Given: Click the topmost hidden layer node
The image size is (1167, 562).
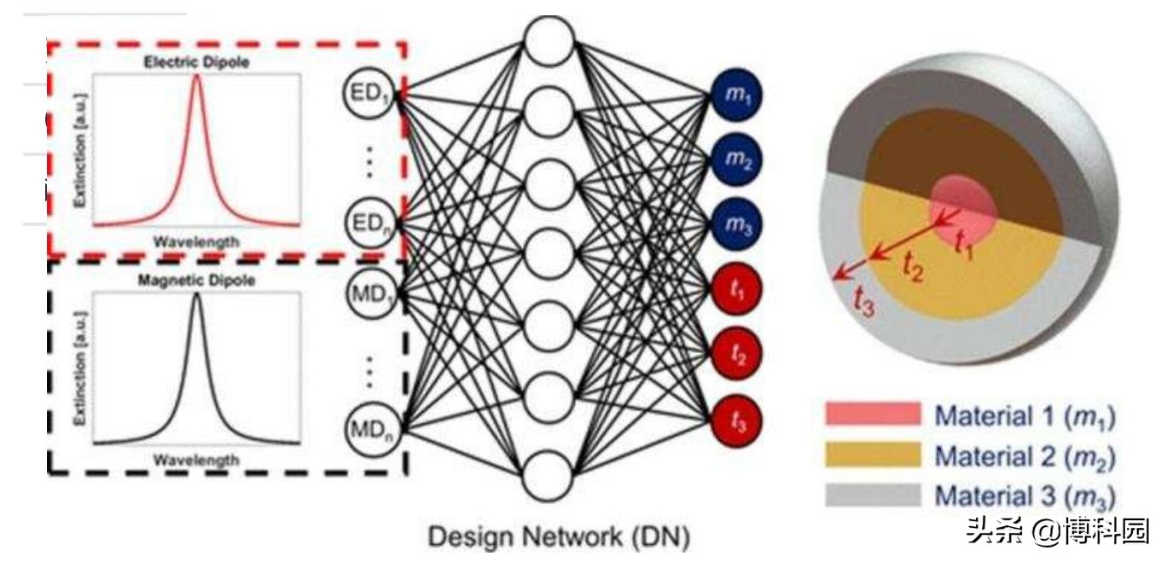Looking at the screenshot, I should (x=549, y=40).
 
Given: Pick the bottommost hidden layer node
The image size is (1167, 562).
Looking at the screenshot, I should (x=549, y=477).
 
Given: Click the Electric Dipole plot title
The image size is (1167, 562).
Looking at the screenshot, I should (x=197, y=62).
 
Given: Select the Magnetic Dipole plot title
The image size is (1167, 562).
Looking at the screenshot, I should (x=197, y=280).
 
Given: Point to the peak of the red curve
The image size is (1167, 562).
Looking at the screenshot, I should (x=197, y=78).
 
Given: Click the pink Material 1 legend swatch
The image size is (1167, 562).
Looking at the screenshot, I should (x=873, y=415).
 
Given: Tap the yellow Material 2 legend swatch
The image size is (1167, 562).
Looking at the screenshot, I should (x=873, y=455).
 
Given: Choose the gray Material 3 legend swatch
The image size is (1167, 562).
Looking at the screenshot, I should (x=873, y=495).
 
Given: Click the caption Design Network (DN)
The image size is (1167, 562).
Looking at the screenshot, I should (x=558, y=538).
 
